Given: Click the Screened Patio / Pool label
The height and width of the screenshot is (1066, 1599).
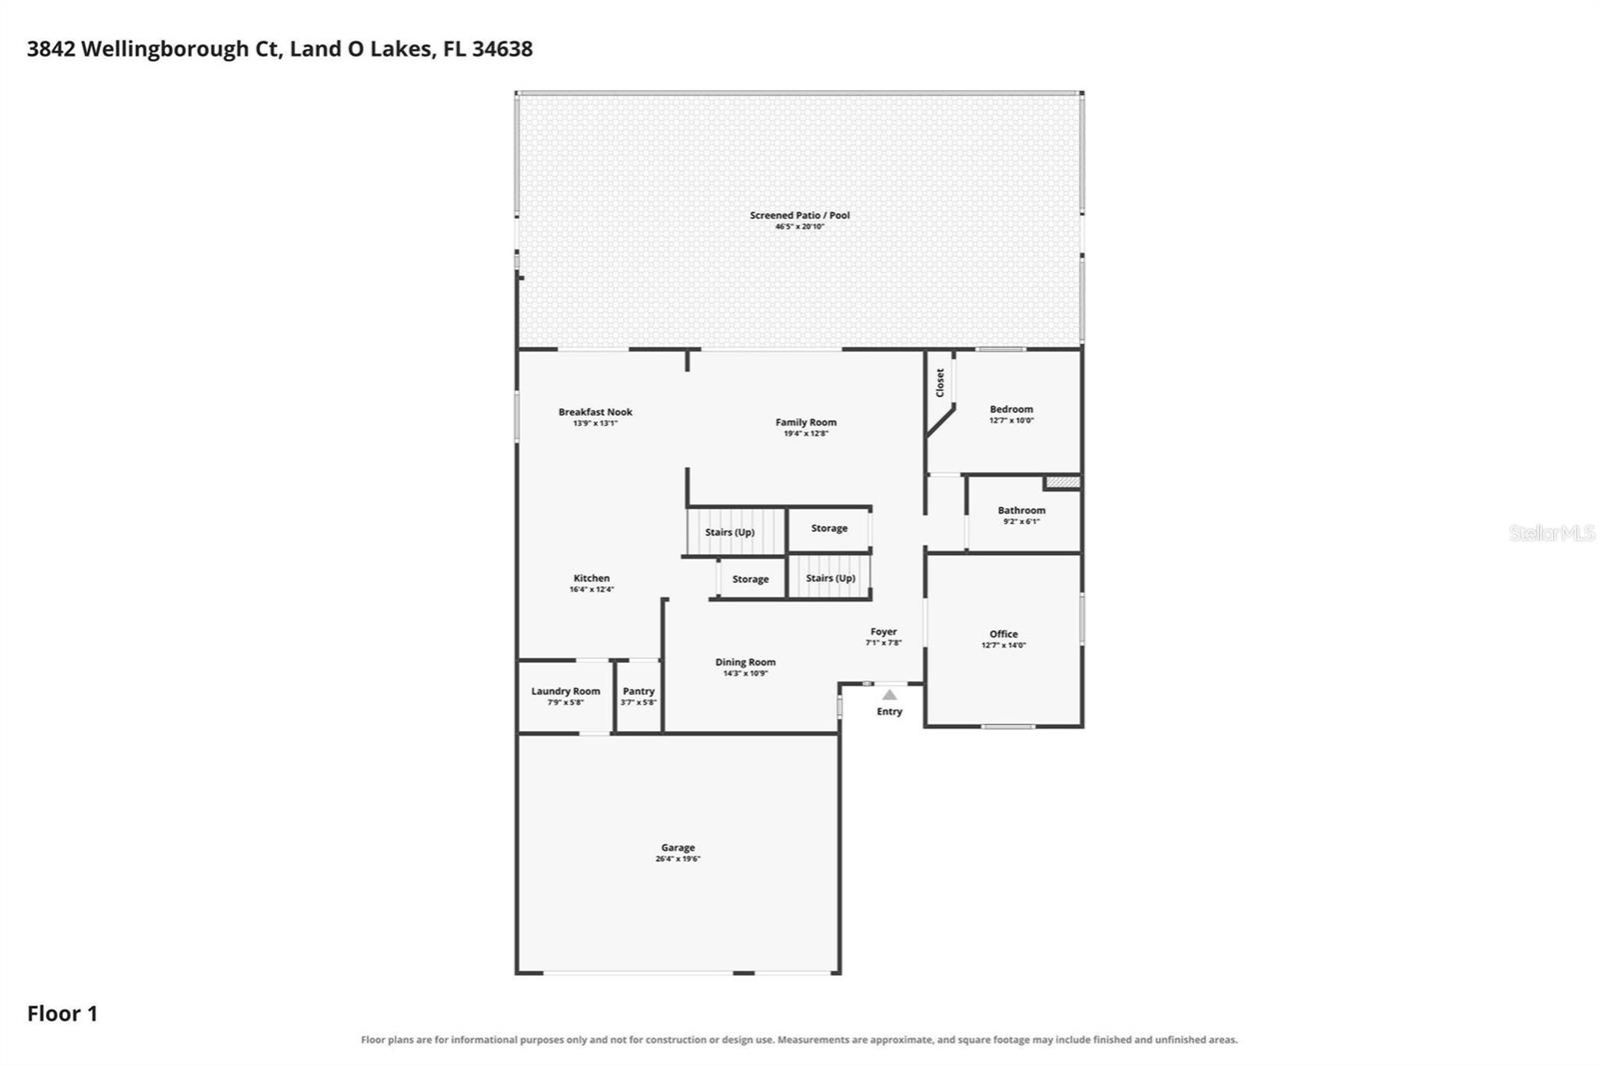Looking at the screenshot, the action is [x=799, y=215].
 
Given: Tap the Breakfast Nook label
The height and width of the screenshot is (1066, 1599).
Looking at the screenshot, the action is [x=596, y=412].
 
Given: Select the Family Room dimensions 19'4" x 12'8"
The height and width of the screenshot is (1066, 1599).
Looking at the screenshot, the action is [x=805, y=433].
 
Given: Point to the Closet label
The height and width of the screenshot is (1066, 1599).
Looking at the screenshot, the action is [x=940, y=383].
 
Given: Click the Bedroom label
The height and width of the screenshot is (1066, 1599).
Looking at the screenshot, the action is [x=1011, y=409].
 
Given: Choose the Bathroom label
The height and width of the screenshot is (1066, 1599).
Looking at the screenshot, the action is [x=1021, y=510].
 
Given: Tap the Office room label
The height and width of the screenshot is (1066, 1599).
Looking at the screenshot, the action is [x=1003, y=634].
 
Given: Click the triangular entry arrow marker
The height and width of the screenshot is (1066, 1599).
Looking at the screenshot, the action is [x=889, y=694].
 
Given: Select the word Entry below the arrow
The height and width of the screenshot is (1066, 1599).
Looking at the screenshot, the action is [x=889, y=712].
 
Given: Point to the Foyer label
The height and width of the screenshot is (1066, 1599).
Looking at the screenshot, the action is [x=883, y=632].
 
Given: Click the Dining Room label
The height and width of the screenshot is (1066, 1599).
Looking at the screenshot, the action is [x=746, y=662].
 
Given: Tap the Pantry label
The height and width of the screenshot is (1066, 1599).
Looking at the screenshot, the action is [x=639, y=692].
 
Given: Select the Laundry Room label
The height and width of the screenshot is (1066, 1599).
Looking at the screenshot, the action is [x=566, y=692].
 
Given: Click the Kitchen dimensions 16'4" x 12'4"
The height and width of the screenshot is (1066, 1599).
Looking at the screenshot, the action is [x=592, y=589].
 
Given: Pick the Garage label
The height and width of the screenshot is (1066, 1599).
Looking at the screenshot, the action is [x=678, y=848].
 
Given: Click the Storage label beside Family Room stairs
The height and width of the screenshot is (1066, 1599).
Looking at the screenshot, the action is [x=828, y=529].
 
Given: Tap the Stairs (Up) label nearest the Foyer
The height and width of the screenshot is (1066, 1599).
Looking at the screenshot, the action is [x=830, y=578].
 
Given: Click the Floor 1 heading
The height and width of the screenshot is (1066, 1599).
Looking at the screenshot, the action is [x=62, y=1014].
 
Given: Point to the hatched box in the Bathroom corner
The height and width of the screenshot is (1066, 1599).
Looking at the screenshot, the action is [x=1063, y=483].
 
